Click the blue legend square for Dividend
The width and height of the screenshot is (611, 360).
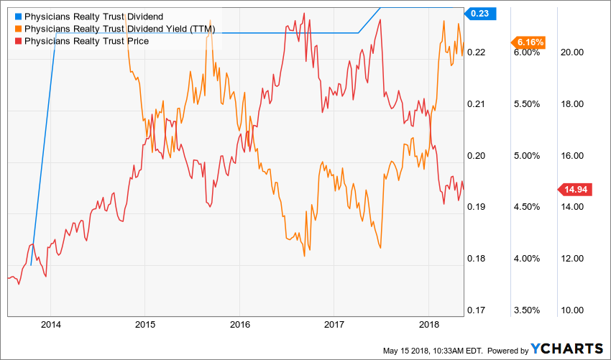pyautogui.click(x=18, y=16)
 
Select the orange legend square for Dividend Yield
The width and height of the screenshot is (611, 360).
pyautogui.click(x=18, y=29)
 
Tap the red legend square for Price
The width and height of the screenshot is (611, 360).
pyautogui.click(x=18, y=42)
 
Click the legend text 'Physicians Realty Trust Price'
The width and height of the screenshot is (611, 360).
pyautogui.click(x=86, y=42)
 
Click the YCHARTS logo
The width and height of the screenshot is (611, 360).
pyautogui.click(x=567, y=349)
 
